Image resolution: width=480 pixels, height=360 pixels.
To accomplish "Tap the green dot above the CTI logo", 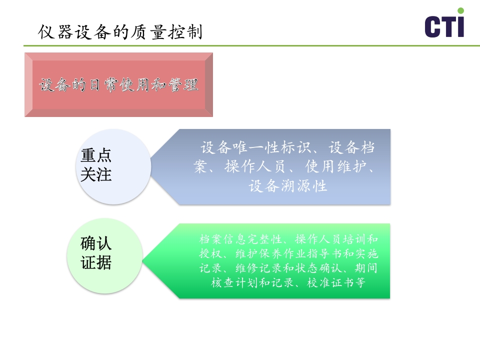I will pyautogui.click(x=460, y=10).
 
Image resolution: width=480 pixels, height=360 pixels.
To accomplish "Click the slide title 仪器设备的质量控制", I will pyautogui.click(x=120, y=32).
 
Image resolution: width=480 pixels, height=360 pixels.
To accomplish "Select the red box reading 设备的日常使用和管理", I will pyautogui.click(x=118, y=85).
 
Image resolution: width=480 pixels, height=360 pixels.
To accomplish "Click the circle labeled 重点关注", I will pyautogui.click(x=113, y=166).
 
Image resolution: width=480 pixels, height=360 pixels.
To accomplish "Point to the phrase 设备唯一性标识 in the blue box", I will pyautogui.click(x=256, y=148).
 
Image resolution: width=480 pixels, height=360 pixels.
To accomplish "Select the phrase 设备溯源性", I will pyautogui.click(x=288, y=186).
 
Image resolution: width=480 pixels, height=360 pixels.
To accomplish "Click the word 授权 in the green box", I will pyautogui.click(x=209, y=253).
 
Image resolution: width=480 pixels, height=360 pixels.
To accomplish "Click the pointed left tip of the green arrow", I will pyautogui.click(x=143, y=261).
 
